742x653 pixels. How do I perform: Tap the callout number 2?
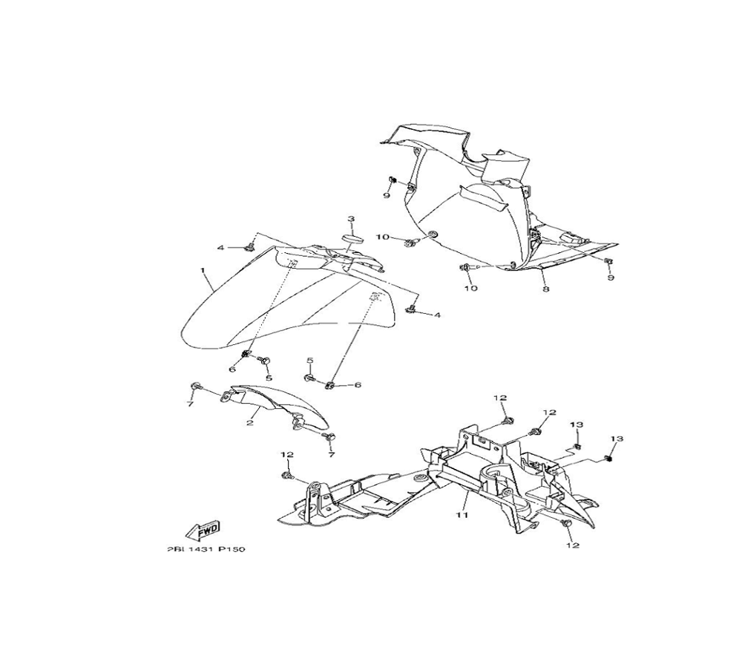coord(250,422)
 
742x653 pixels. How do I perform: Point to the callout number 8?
coord(545,289)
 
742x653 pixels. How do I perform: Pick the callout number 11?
coord(460,514)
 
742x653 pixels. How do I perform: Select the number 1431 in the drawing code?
coord(200,550)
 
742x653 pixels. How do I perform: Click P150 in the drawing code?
coord(231,550)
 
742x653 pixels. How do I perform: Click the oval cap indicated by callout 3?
coord(351,238)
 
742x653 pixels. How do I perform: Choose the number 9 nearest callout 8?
coord(611,278)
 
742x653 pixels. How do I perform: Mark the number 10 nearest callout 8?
coord(471,287)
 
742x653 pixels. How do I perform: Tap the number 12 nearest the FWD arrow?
coord(287,454)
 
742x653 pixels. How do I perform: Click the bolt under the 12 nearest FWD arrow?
coord(287,473)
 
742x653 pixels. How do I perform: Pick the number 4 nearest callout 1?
coord(220,247)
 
